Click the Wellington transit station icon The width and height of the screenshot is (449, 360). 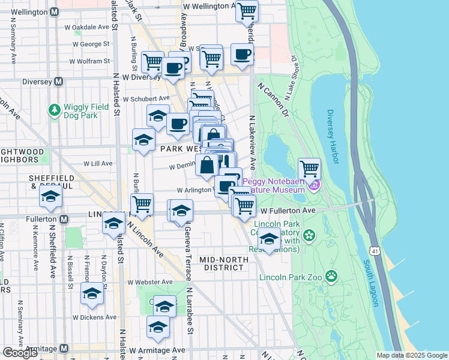[x=55, y=11]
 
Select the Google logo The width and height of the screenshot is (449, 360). [x=20, y=353]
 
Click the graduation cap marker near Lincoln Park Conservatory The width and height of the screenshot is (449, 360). [x=269, y=239]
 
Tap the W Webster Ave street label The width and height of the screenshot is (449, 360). [x=149, y=282]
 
